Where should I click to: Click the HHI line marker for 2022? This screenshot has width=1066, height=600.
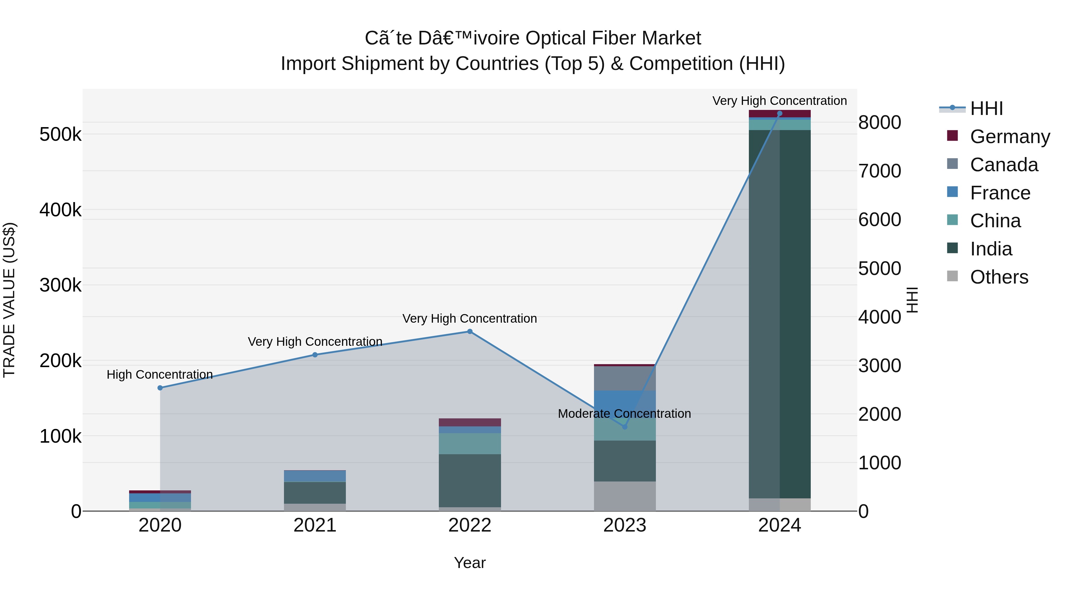470,331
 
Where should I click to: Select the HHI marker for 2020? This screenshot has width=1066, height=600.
160,388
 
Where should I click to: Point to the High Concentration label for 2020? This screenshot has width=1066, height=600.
160,374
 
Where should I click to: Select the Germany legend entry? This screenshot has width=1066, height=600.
1009,137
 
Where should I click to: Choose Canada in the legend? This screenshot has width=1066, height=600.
1004,165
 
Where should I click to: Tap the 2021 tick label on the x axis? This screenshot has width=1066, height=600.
315,525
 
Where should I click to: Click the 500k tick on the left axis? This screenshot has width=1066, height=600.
60,135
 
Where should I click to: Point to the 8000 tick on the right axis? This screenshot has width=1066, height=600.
879,123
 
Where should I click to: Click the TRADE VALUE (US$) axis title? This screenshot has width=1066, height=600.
9,300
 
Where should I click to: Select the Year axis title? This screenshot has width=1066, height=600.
470,563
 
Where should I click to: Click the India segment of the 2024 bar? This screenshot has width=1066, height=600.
780,315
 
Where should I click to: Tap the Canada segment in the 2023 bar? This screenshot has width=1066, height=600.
625,378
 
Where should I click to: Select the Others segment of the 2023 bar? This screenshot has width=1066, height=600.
625,496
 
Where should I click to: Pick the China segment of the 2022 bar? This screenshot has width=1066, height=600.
470,444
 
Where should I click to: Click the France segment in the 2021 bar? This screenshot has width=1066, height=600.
315,476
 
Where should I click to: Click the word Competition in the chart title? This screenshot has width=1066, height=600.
681,64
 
